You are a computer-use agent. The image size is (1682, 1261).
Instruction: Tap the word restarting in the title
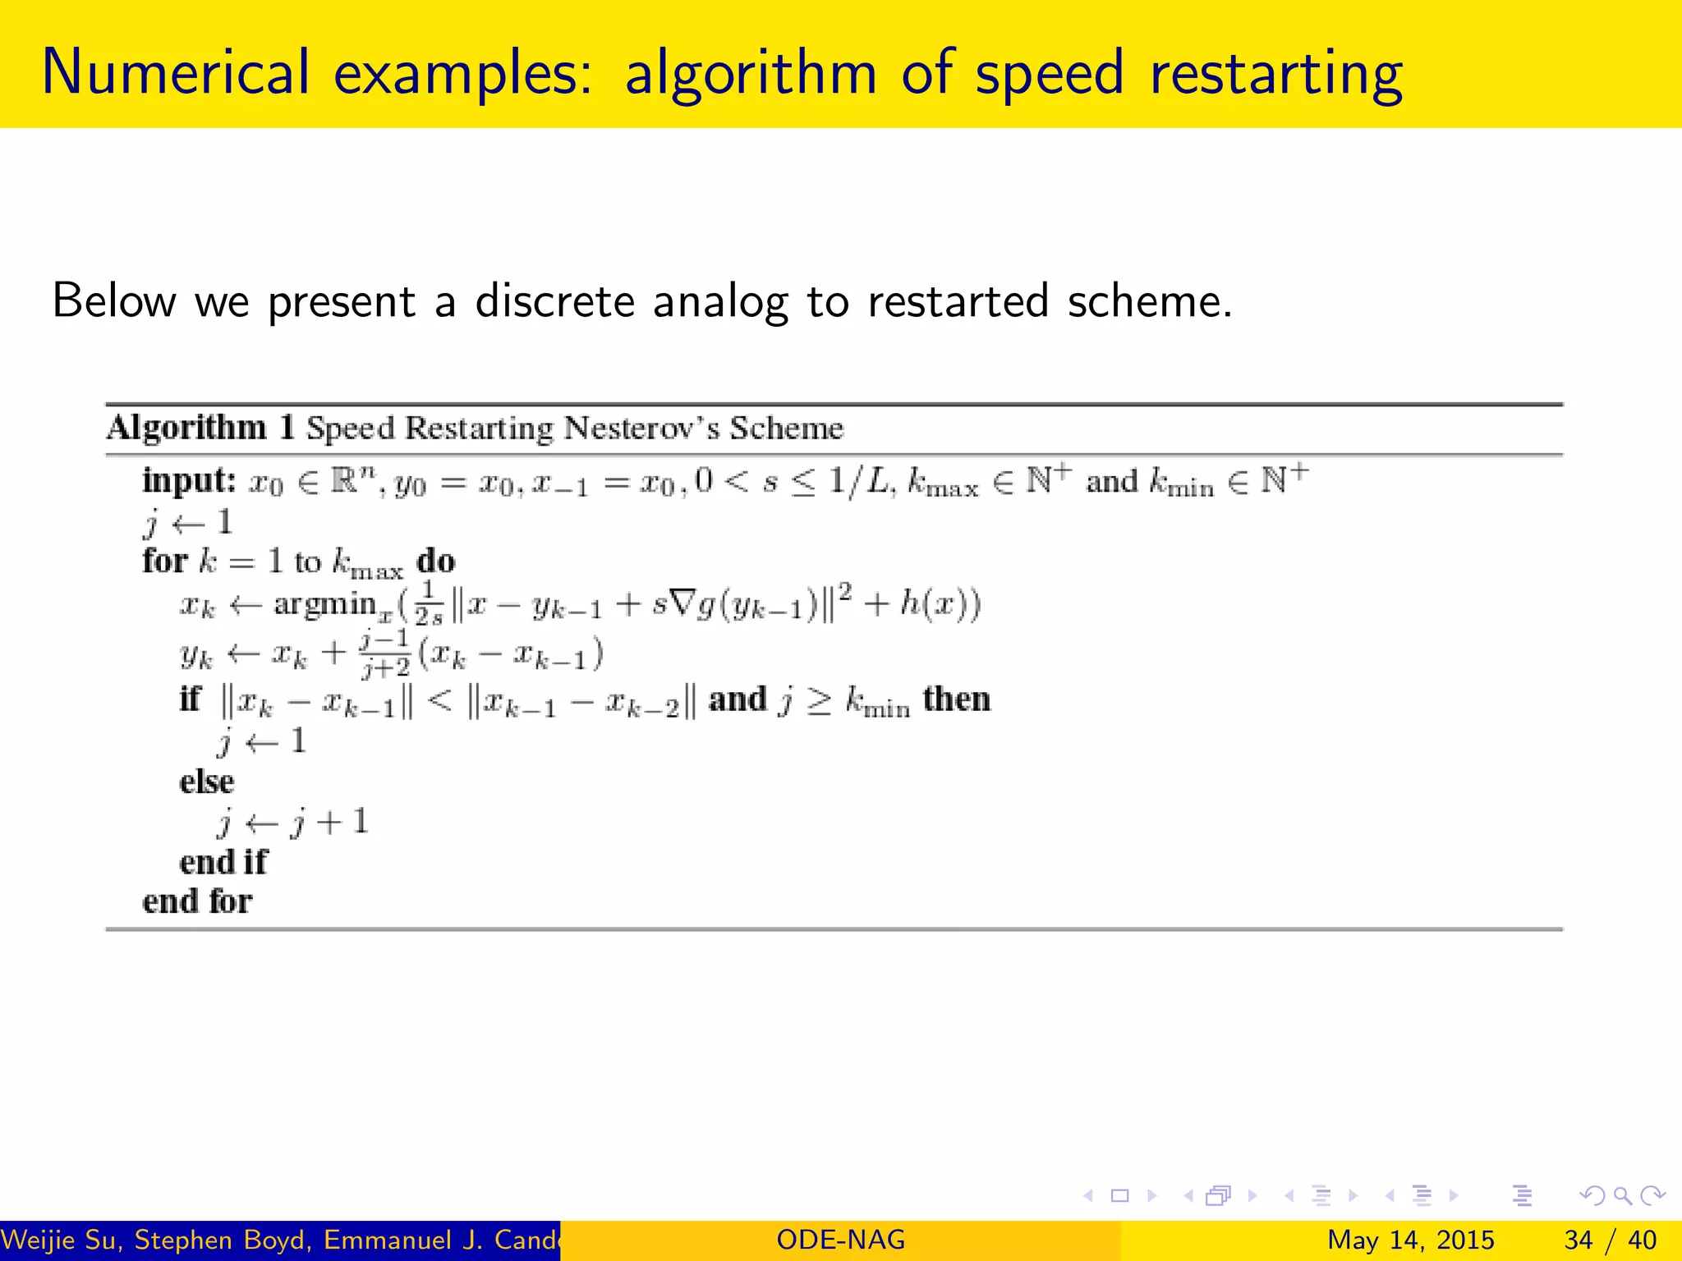(1275, 74)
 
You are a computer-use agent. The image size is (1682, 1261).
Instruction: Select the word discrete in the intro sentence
(554, 300)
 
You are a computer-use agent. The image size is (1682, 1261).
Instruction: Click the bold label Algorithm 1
(200, 428)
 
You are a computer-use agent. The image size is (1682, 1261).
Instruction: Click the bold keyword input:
(189, 480)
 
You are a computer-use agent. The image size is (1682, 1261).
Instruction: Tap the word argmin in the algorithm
(324, 604)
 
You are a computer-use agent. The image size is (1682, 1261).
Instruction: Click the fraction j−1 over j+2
(384, 653)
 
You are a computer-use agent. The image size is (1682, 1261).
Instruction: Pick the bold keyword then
(957, 699)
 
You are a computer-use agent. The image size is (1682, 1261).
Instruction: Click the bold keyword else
(206, 782)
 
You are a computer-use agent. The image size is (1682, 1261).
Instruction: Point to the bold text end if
(223, 862)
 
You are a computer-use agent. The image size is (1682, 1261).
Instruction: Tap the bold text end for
(197, 901)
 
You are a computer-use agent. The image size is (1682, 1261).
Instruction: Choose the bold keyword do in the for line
(435, 562)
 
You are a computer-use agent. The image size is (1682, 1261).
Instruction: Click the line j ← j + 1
(293, 822)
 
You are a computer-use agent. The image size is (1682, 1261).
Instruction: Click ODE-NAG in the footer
(840, 1240)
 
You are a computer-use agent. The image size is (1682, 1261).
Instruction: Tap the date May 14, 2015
(1410, 1240)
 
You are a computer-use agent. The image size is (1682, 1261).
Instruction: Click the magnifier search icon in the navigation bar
(1623, 1195)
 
